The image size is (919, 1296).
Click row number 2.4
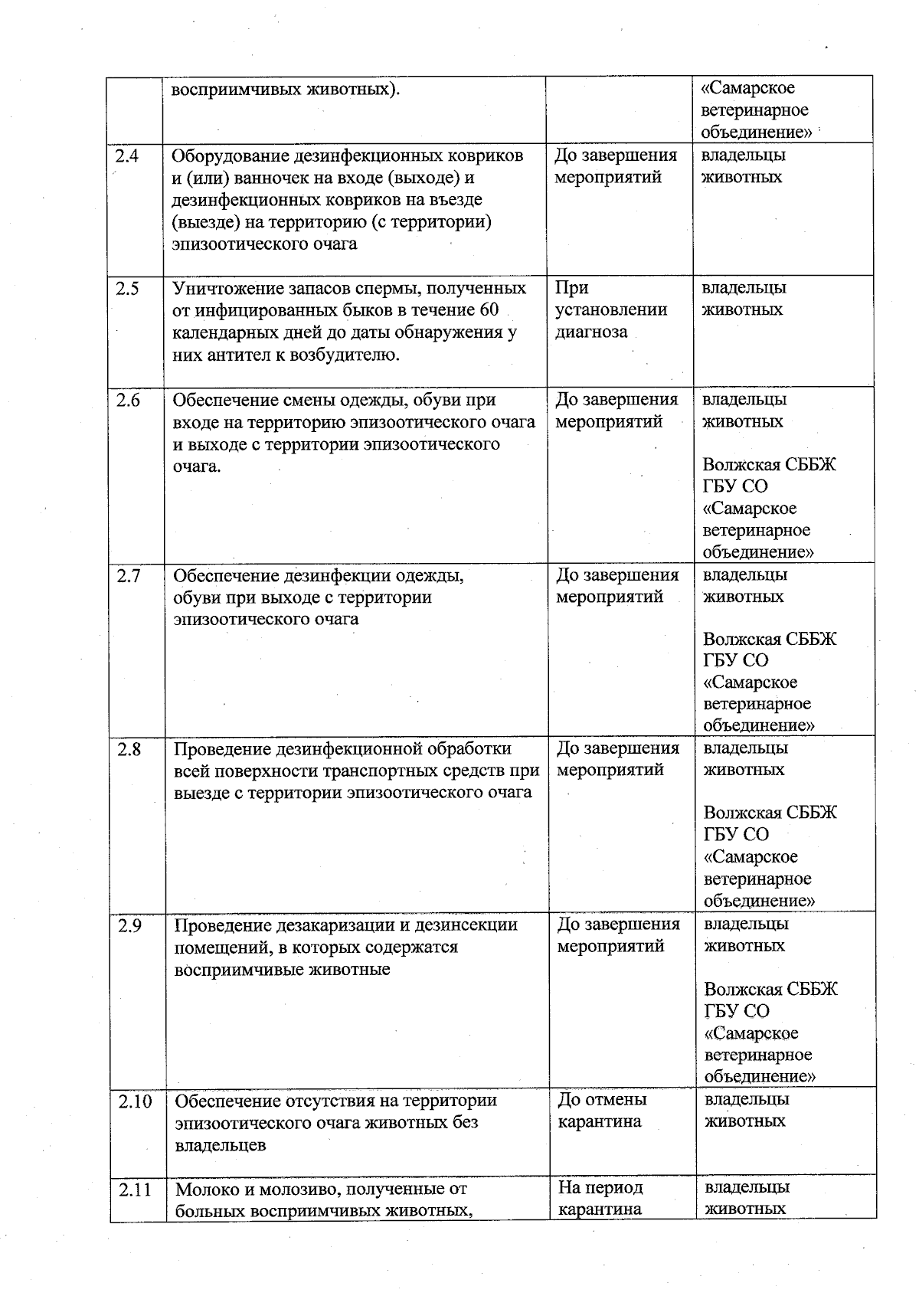[x=126, y=156]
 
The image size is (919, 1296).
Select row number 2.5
[x=127, y=289]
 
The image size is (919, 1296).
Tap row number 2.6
[x=128, y=401]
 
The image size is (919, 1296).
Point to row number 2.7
[x=129, y=575]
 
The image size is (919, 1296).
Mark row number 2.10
[x=135, y=1101]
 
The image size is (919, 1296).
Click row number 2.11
[x=136, y=1190]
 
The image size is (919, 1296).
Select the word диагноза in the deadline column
[x=591, y=332]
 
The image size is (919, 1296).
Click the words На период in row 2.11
[x=600, y=1188]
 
